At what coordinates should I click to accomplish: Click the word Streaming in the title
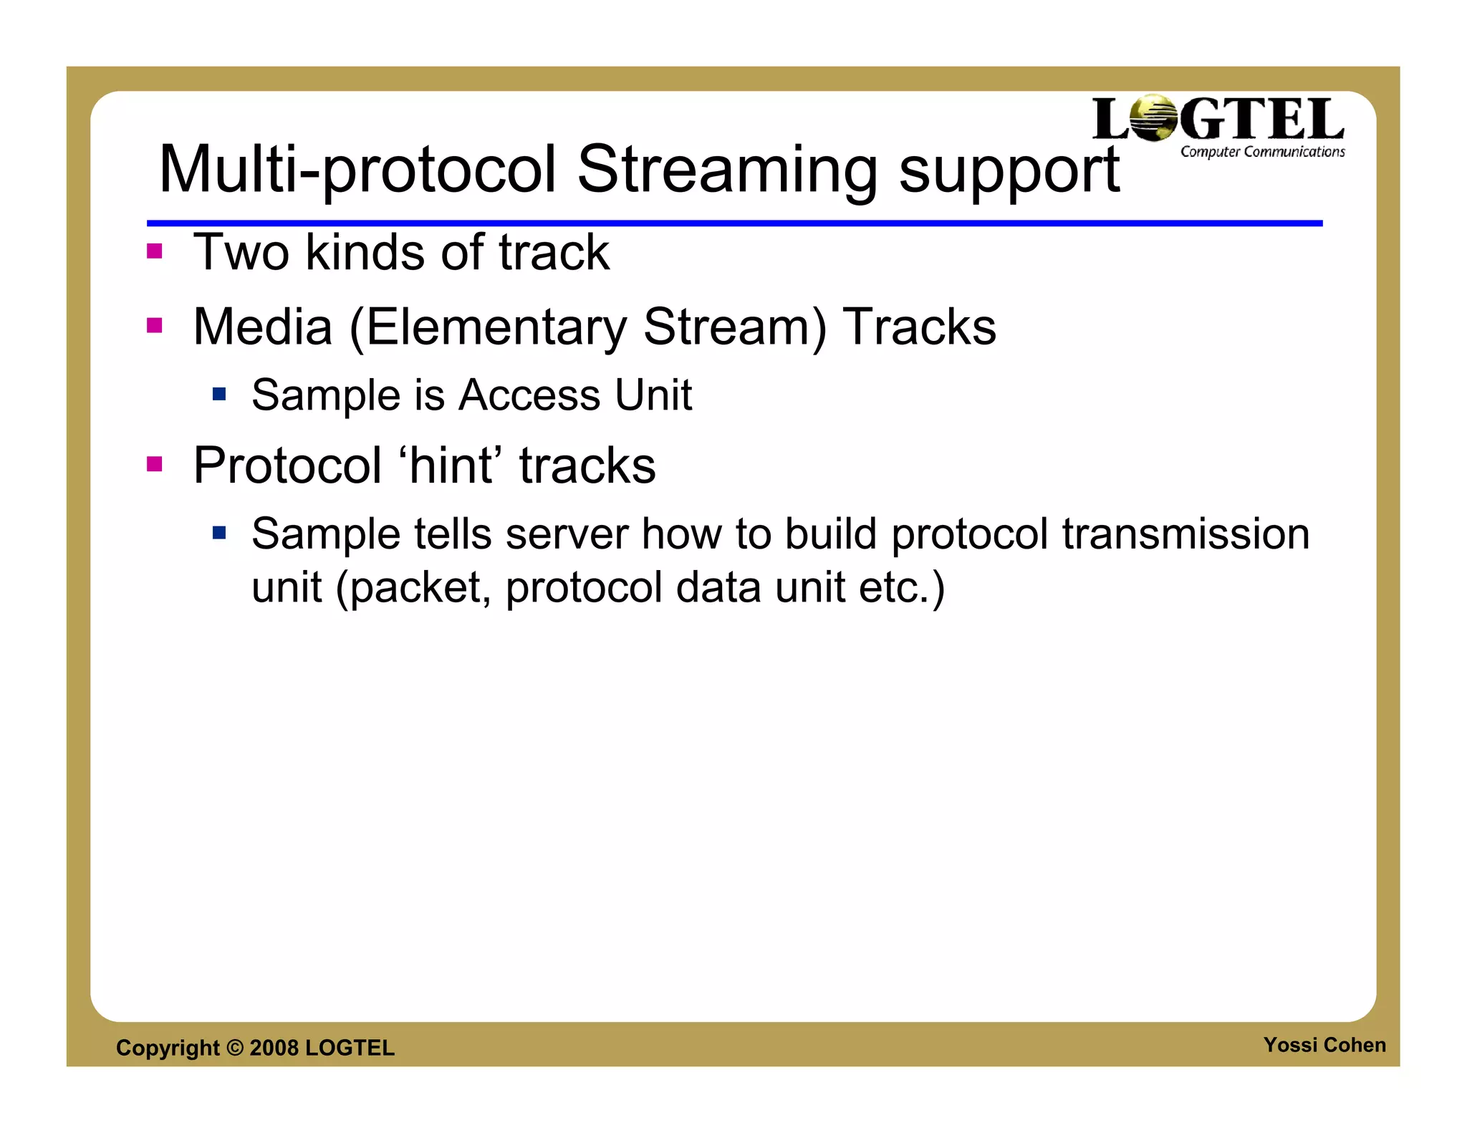tap(727, 170)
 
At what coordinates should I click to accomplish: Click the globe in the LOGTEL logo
tap(1153, 118)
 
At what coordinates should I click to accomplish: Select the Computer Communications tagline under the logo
tap(1262, 152)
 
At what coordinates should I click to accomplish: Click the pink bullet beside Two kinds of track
tap(154, 251)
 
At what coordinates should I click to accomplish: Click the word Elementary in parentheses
tap(496, 327)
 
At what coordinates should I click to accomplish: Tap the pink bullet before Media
tap(154, 326)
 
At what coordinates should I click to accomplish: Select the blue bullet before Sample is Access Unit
tap(219, 394)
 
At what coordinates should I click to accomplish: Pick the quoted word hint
tap(451, 466)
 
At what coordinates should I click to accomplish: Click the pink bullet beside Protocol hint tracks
tap(154, 464)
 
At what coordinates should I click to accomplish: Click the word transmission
tap(1185, 534)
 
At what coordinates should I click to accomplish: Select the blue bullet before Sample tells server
tap(219, 532)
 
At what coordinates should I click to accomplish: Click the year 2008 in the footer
tap(274, 1048)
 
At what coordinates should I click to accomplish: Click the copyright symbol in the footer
tap(234, 1048)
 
